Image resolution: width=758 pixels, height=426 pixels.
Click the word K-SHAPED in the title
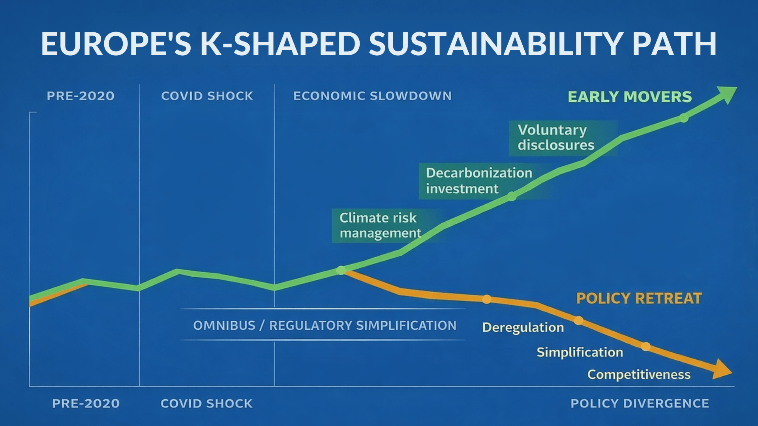click(x=280, y=44)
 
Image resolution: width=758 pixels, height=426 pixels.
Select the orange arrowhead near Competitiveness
click(x=722, y=370)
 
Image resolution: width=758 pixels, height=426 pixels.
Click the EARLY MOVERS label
click(x=630, y=97)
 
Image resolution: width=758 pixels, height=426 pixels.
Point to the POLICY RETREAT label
click(x=639, y=298)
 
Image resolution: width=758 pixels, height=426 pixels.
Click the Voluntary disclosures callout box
click(x=563, y=138)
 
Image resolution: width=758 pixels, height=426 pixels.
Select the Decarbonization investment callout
click(x=479, y=181)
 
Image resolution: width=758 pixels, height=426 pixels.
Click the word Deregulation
click(x=523, y=327)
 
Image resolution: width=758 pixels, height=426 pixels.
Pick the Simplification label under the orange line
click(x=580, y=352)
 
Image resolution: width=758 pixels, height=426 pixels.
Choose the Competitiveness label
click(x=639, y=374)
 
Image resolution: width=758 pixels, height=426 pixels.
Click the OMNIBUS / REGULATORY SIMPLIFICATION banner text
click(x=325, y=325)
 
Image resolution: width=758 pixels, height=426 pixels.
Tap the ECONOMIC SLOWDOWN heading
click(x=372, y=96)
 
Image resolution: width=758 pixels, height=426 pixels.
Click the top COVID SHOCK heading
click(x=207, y=96)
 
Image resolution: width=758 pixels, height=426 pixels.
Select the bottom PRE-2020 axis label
click(x=86, y=404)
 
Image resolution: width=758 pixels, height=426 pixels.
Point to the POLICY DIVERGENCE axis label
click(x=640, y=404)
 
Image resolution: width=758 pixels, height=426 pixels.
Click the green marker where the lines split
click(x=341, y=270)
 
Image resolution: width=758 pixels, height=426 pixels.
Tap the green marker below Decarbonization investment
click(x=512, y=196)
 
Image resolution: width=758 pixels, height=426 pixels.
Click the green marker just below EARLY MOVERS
click(x=684, y=118)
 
